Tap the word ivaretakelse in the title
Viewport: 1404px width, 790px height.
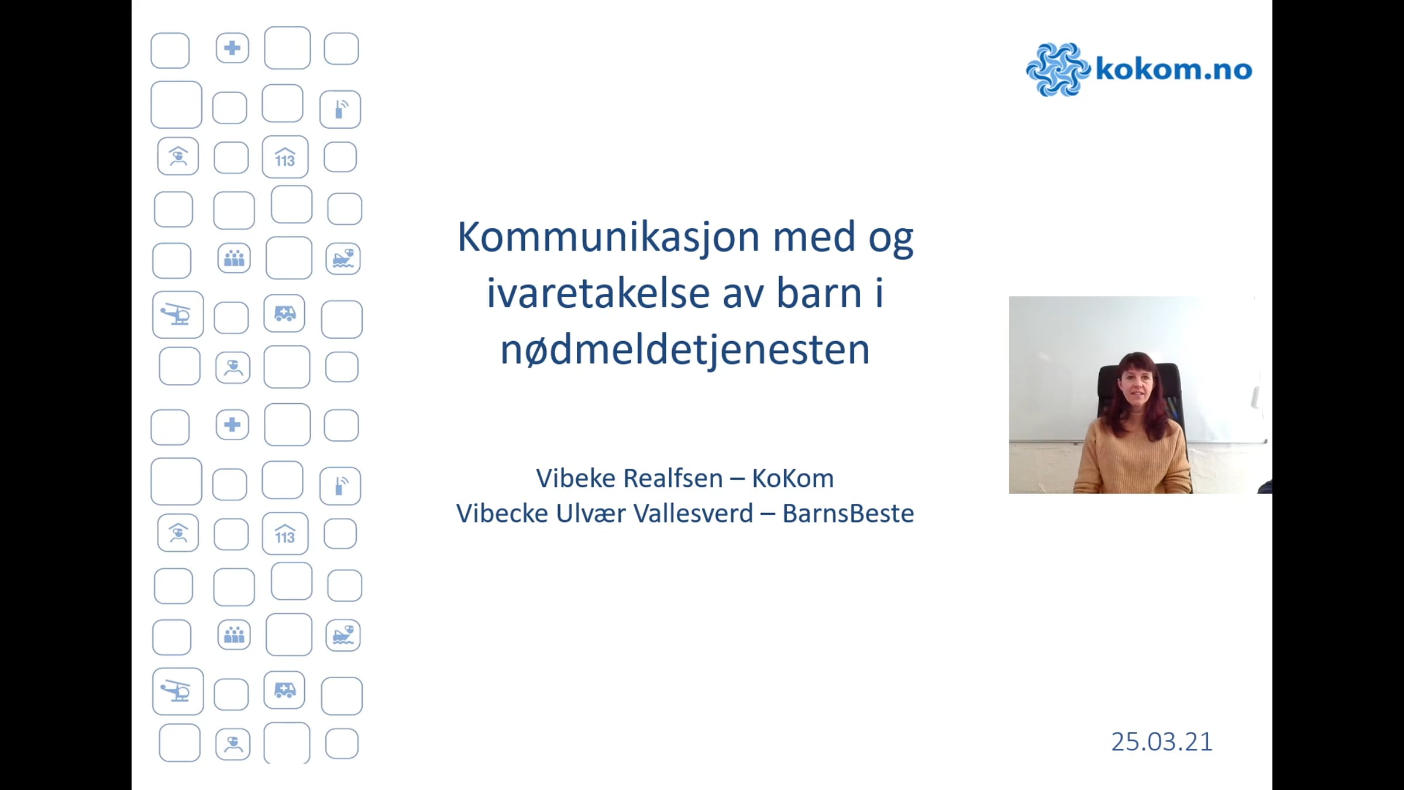click(x=598, y=293)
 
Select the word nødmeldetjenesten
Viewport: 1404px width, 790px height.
click(x=685, y=350)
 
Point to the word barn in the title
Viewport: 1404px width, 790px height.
click(x=819, y=293)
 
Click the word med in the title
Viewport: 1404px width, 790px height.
click(x=814, y=238)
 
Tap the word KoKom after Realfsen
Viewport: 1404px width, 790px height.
click(x=793, y=478)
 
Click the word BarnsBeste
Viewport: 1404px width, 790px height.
click(x=848, y=513)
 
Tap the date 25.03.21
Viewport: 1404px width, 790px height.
click(x=1162, y=742)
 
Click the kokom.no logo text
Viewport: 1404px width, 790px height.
click(x=1174, y=69)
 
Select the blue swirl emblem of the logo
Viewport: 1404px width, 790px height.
click(x=1058, y=69)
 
